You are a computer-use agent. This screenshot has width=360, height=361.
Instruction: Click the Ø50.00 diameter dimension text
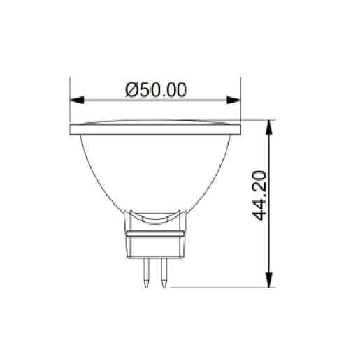pyautogui.click(x=156, y=90)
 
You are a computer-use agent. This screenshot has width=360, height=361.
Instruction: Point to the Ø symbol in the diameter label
pyautogui.click(x=131, y=90)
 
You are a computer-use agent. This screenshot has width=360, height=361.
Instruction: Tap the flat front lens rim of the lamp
pyautogui.click(x=155, y=129)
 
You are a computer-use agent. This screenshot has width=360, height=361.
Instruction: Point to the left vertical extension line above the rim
pyautogui.click(x=70, y=98)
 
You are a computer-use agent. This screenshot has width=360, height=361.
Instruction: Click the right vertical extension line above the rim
pyautogui.click(x=240, y=98)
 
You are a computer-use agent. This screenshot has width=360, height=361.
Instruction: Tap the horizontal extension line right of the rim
pyautogui.click(x=259, y=120)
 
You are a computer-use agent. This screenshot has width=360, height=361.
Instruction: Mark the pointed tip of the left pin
pyautogui.click(x=145, y=285)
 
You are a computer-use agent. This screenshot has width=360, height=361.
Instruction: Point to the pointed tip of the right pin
pyautogui.click(x=164, y=285)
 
